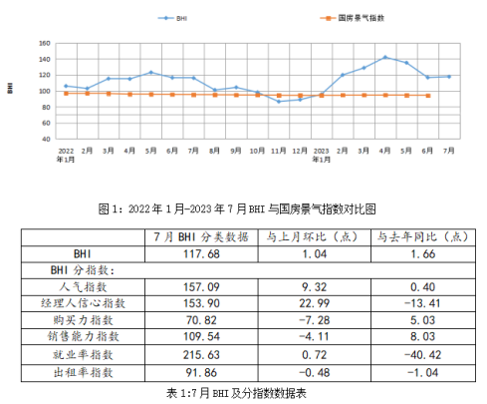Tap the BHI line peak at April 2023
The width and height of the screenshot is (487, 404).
click(385, 58)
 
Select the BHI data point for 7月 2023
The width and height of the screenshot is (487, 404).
click(449, 77)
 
